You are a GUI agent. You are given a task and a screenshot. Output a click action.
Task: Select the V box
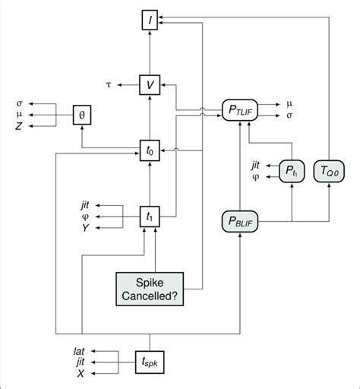(x=150, y=85)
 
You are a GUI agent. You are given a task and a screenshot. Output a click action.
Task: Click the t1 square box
(x=150, y=215)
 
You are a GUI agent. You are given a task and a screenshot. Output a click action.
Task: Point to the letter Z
(x=21, y=128)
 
